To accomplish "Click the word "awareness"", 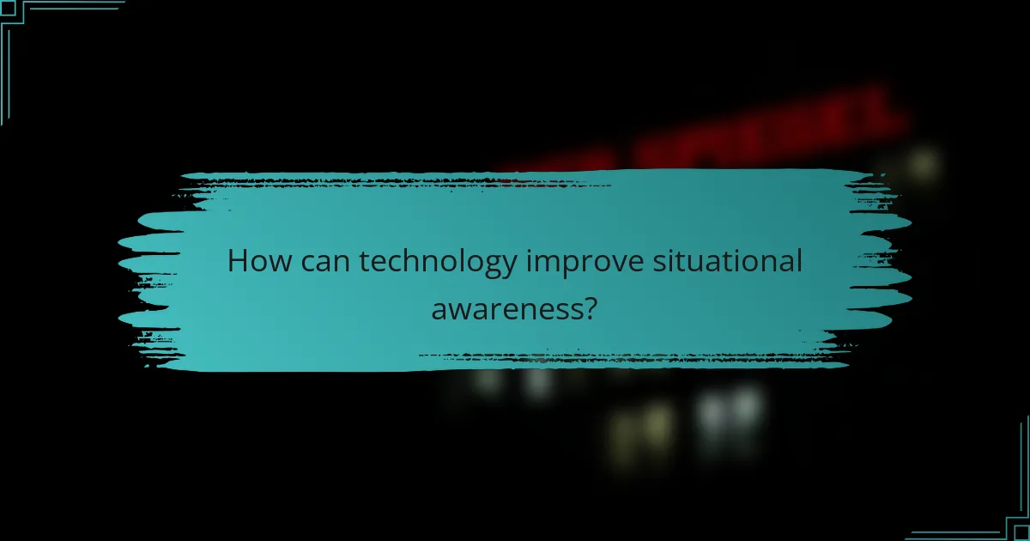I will pos(504,308).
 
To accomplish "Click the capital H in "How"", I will pos(238,261).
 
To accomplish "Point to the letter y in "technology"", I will pos(510,266).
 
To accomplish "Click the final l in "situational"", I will pos(798,260).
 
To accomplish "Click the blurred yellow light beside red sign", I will pos(923,161).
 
